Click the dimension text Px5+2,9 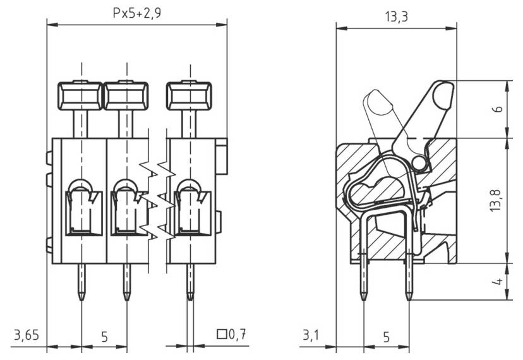137,12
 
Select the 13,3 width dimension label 395,17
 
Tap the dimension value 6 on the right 498,109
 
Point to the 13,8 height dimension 498,199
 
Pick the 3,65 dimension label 25,334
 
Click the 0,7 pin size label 237,334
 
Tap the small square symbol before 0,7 221,334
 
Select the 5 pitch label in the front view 104,337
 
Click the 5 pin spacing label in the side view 386,337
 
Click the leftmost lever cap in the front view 80,96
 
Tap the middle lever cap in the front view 126,96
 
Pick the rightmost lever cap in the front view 189,96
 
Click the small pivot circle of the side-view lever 419,164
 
